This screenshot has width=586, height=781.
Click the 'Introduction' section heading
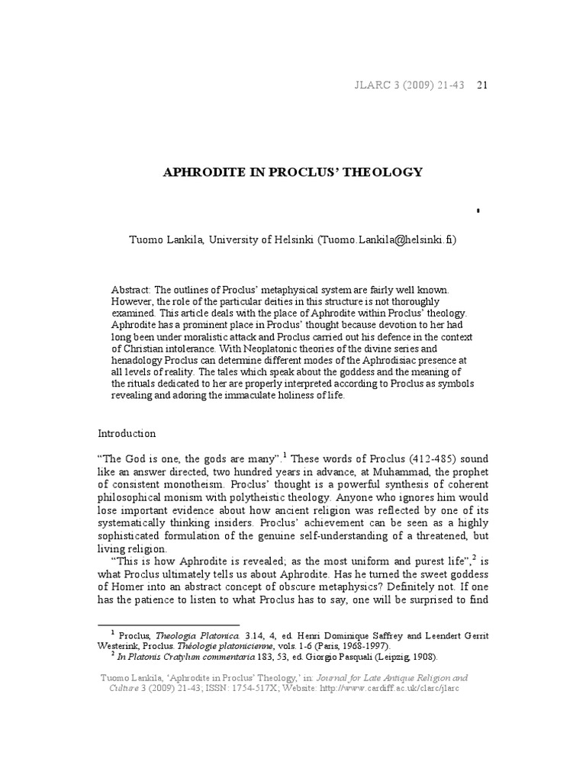(127, 433)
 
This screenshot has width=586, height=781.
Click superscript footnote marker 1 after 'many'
(285, 455)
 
